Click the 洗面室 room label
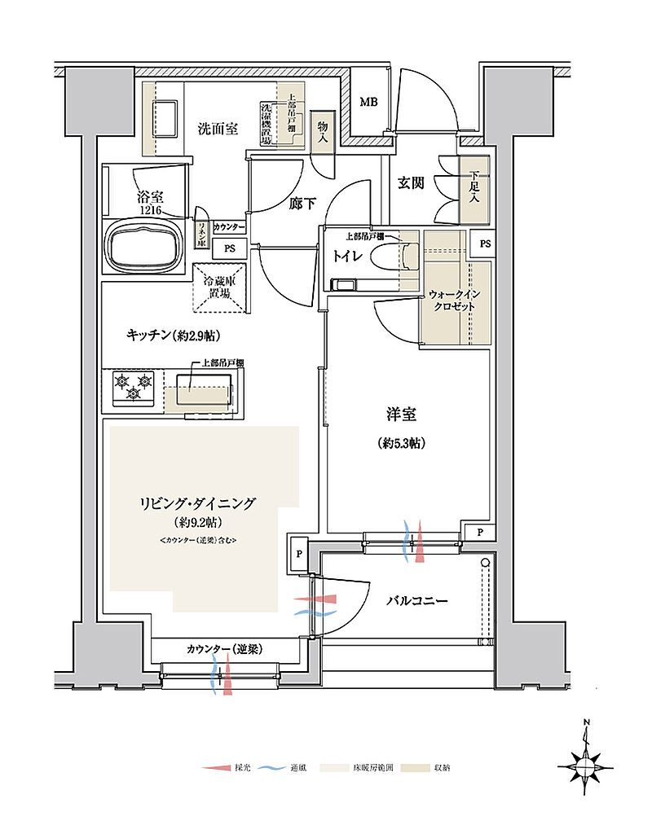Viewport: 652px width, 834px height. (x=218, y=128)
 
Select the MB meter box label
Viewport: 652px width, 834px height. (x=369, y=103)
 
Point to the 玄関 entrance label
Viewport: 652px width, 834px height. (x=411, y=183)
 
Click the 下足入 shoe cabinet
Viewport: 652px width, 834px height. (x=474, y=190)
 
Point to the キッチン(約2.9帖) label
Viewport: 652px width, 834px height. (x=174, y=334)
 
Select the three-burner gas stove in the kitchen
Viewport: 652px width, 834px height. (x=134, y=388)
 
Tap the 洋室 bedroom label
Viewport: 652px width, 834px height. (x=402, y=415)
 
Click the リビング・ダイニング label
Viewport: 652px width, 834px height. (x=198, y=503)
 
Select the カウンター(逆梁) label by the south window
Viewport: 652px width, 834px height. (x=222, y=648)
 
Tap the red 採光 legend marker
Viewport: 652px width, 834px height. (x=215, y=768)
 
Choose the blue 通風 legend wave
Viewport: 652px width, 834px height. (x=275, y=768)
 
